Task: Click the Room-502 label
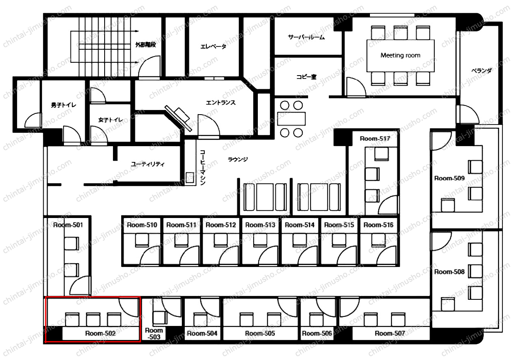click(100, 333)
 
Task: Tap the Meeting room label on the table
click(400, 55)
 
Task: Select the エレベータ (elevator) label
click(213, 47)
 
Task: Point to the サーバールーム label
click(306, 37)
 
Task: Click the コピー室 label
click(306, 77)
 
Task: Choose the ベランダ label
click(482, 71)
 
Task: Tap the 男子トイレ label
click(64, 105)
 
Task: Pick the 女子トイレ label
click(110, 120)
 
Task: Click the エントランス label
click(221, 103)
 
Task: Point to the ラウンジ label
click(238, 159)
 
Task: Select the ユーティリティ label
click(148, 164)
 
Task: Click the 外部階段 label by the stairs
click(145, 44)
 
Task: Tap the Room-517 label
click(375, 139)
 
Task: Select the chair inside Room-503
click(160, 318)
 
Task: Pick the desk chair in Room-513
click(260, 240)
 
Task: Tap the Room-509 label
click(449, 178)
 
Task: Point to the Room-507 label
click(390, 333)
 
